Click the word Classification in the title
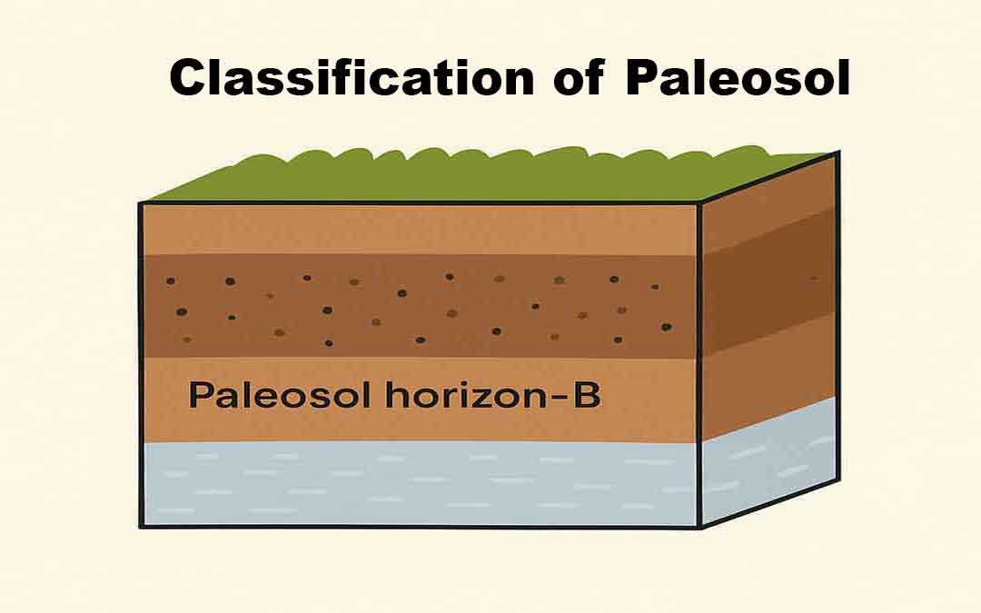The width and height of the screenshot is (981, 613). click(x=351, y=79)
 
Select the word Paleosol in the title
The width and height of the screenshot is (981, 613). click(x=736, y=79)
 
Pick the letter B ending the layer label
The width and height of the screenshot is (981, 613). click(x=587, y=396)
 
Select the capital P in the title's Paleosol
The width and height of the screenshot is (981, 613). click(x=642, y=79)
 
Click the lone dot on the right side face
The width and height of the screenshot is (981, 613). click(x=813, y=278)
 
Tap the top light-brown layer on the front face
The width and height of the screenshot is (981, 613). click(x=418, y=229)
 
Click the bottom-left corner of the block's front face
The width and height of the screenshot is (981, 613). click(x=142, y=525)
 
